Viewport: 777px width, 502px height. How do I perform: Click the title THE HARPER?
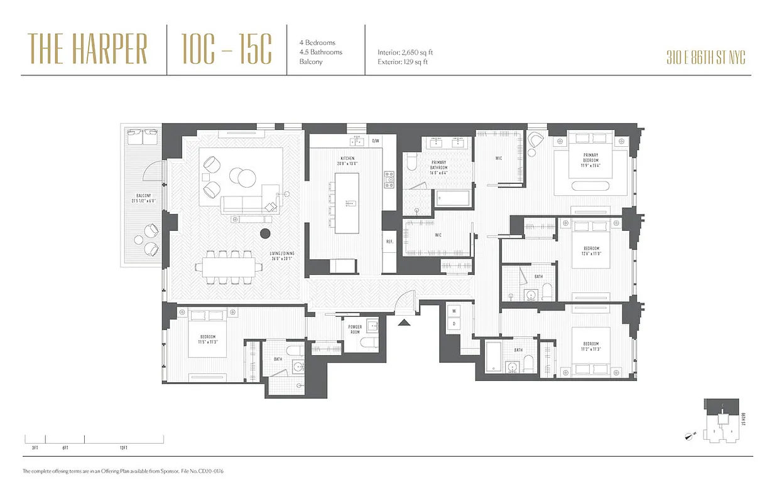tap(87, 50)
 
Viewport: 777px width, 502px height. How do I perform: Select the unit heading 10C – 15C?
tap(226, 50)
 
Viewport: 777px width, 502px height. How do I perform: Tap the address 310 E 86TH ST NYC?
tap(705, 58)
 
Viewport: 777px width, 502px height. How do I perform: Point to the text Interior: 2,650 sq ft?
tap(405, 53)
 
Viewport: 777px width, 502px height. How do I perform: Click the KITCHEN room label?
tap(347, 161)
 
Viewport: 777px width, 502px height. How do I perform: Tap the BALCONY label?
tap(142, 198)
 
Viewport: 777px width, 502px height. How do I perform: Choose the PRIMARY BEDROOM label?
tap(590, 158)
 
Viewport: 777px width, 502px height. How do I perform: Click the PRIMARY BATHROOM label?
tap(438, 165)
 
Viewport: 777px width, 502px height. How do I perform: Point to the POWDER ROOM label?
tap(355, 329)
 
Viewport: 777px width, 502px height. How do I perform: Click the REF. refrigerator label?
tap(389, 242)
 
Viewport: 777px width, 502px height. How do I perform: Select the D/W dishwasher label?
tap(376, 141)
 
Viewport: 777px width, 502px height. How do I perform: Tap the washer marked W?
tap(453, 311)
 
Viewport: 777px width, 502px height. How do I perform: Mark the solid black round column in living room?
tap(265, 234)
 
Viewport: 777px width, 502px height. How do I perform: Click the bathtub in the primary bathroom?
tap(454, 198)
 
